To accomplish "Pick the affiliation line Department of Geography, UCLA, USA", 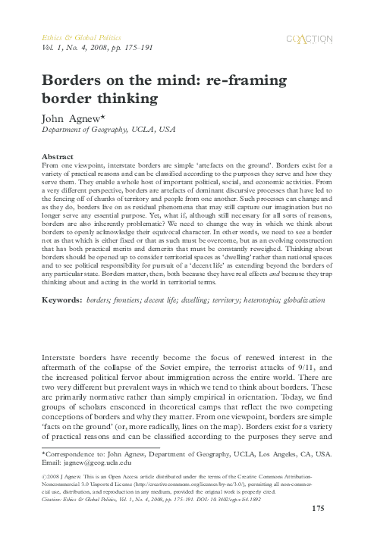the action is click(x=99, y=130).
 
